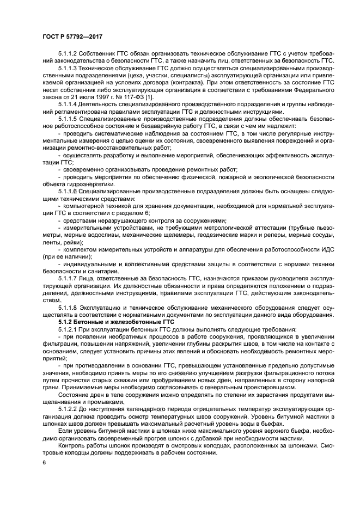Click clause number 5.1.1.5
click(x=69, y=118)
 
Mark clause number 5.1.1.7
click(x=69, y=278)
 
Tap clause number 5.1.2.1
click(x=69, y=330)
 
